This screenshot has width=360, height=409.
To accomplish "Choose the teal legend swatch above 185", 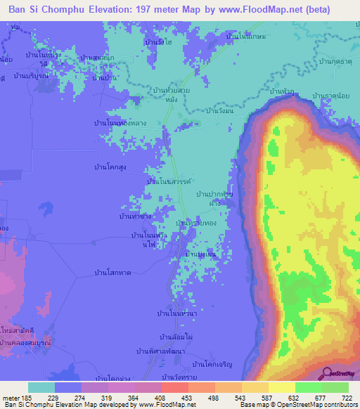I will click(41, 387).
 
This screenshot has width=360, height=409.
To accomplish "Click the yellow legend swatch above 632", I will click(282, 387).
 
